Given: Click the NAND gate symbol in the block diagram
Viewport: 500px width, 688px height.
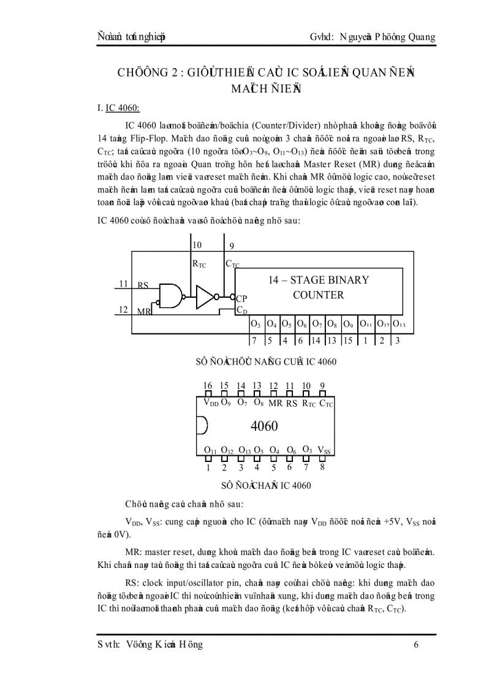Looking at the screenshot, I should pos(170,296).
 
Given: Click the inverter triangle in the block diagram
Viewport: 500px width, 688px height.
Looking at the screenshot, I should pos(205,297).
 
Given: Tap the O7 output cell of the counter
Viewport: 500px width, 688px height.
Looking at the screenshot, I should pos(317,323).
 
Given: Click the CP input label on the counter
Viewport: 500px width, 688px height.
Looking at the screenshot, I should pos(241,298).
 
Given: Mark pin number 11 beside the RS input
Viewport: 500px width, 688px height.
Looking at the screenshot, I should pos(123,284).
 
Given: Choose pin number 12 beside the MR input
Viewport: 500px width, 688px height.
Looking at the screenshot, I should pos(123,309).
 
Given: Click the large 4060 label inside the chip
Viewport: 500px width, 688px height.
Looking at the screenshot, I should pos(265,425).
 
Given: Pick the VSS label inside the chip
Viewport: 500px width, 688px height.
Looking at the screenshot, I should pos(324,450).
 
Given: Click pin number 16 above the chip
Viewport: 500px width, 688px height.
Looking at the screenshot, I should pos(208,385).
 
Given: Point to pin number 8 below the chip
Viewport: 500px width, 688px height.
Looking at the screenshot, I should pos(322,467).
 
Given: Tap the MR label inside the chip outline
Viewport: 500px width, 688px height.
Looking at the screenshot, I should pos(275,403).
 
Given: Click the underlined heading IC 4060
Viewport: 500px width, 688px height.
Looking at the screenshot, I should pos(123,108).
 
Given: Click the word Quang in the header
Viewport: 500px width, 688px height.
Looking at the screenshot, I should pos(420,37).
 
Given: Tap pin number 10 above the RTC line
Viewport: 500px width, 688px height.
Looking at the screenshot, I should pos(197,245).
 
